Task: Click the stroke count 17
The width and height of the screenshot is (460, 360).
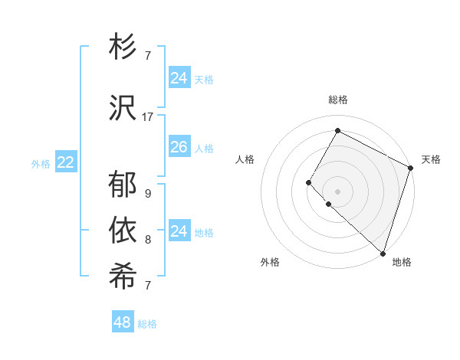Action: [148, 117]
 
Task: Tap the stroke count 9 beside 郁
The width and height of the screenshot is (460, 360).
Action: [147, 194]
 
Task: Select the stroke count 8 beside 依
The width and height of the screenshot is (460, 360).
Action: [147, 240]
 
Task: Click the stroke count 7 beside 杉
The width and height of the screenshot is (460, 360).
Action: [147, 56]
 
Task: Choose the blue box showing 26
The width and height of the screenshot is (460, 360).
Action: [179, 147]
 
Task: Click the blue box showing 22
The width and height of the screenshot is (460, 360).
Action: [66, 162]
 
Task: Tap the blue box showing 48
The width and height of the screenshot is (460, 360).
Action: [123, 322]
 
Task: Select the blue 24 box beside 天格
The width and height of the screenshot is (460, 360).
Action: [179, 78]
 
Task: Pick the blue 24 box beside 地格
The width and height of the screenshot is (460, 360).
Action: [179, 231]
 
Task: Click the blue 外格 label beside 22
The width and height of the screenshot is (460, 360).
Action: [41, 163]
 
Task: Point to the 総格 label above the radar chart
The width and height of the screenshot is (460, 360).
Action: [337, 100]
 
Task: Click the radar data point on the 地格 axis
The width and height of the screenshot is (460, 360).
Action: [383, 253]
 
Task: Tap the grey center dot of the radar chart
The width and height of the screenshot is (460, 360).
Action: [337, 191]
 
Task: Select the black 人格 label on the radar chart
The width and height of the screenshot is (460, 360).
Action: [245, 159]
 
